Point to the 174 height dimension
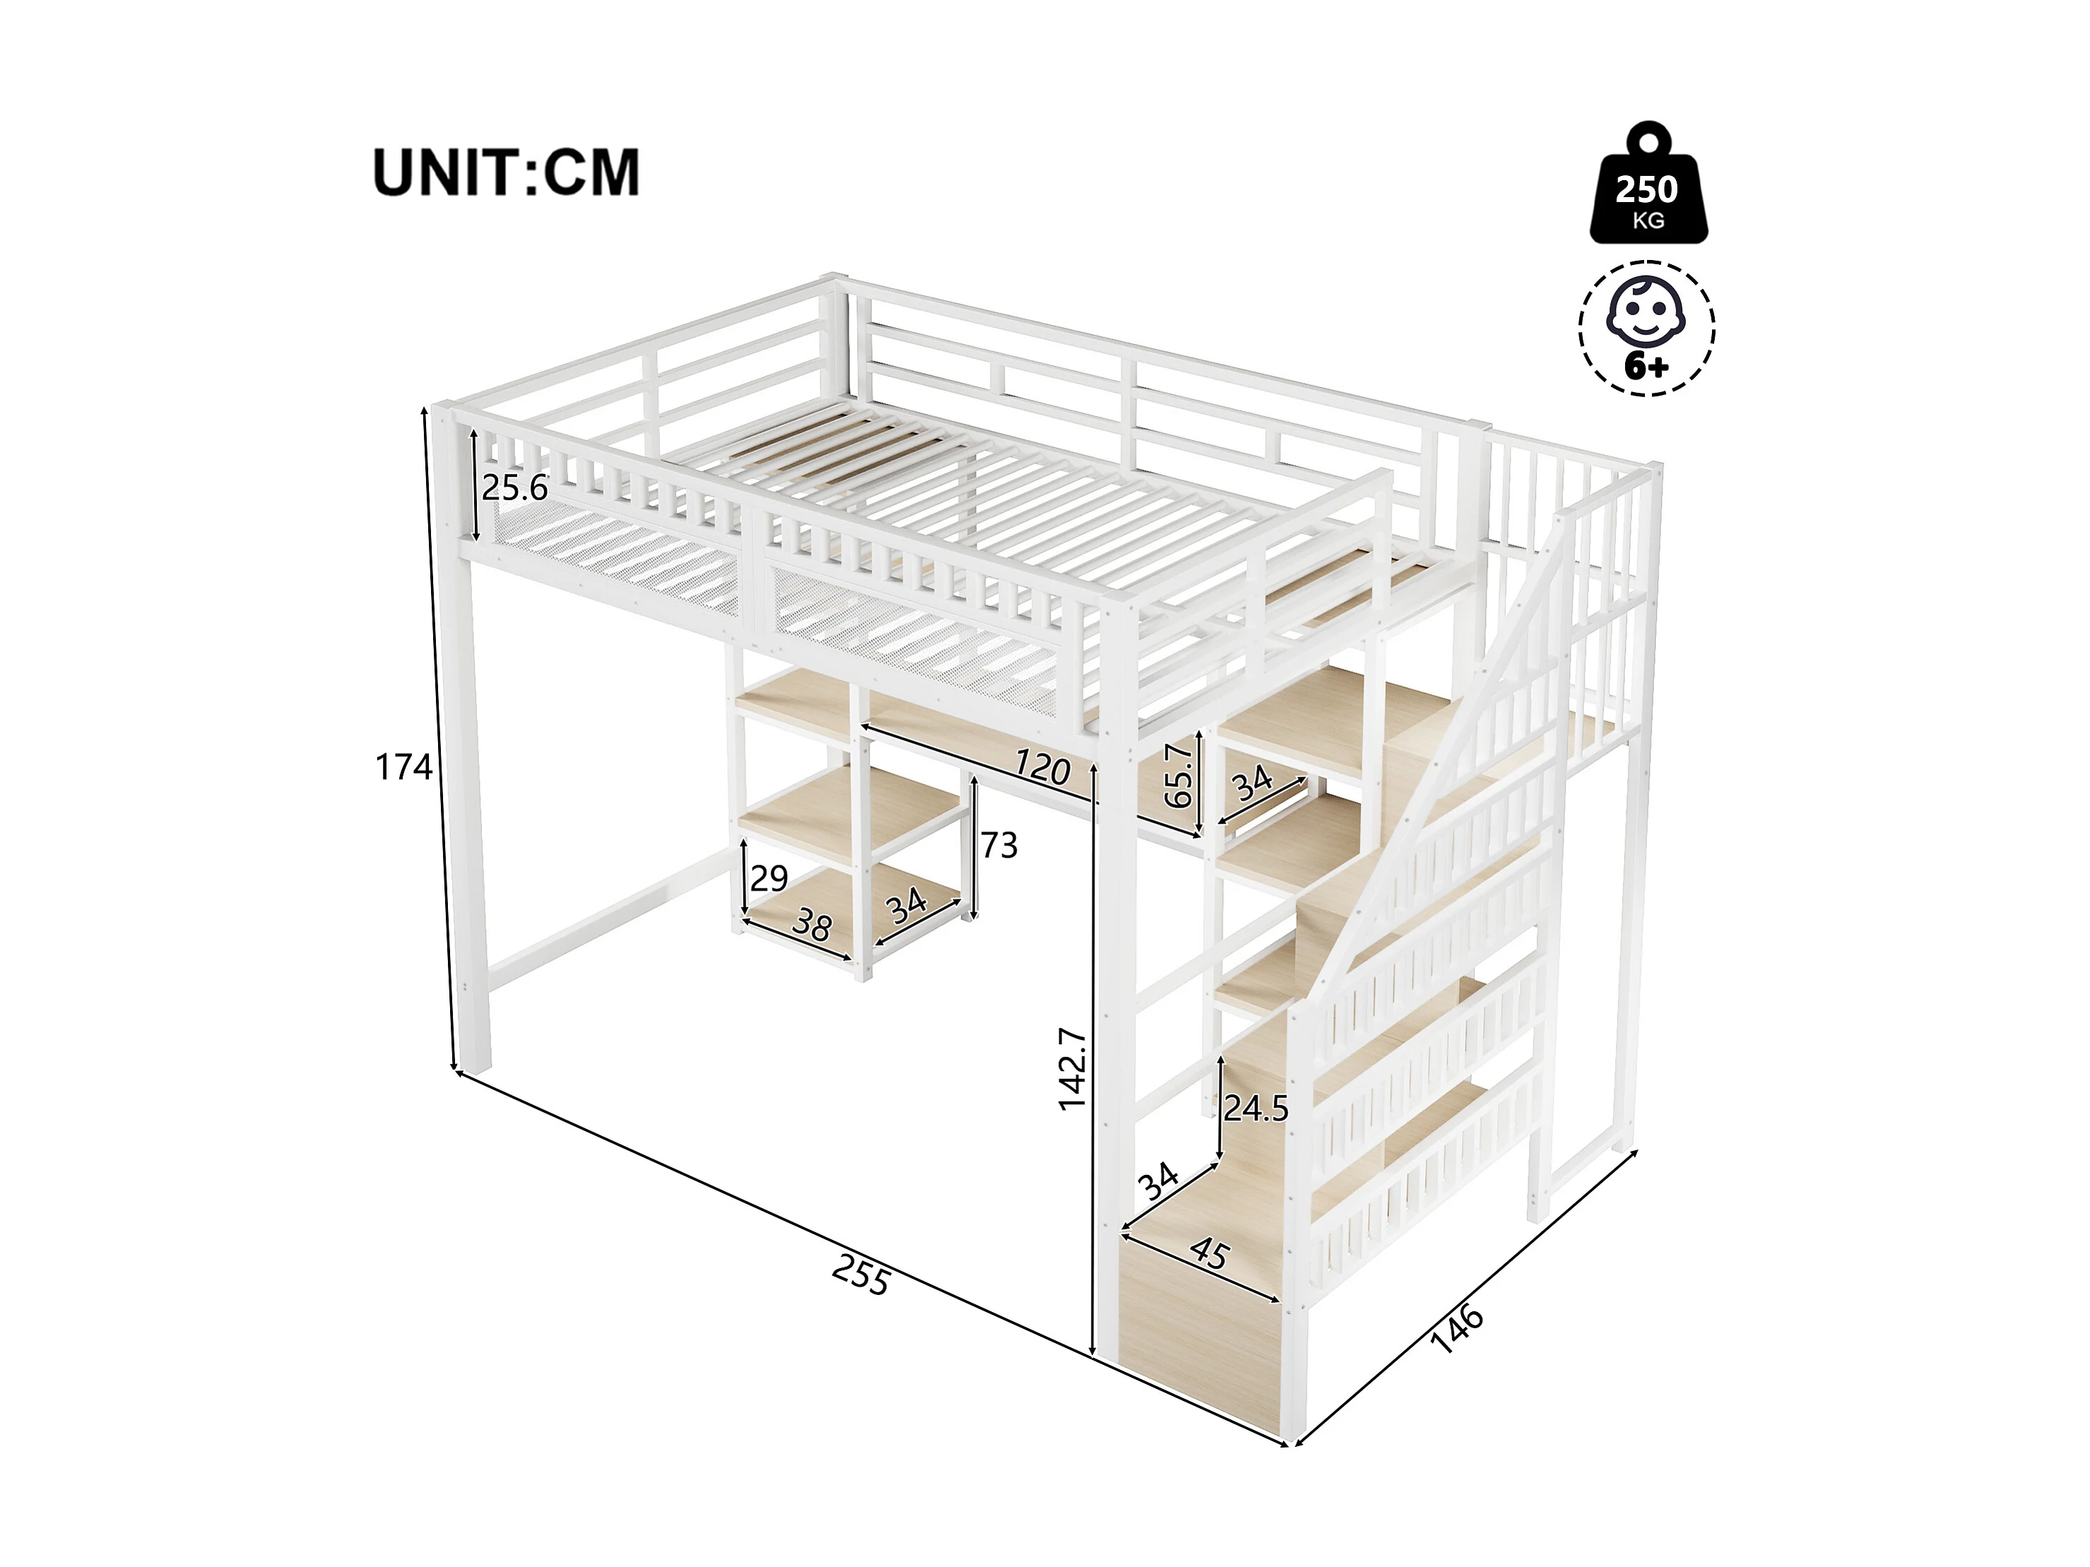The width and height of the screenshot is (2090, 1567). coord(403,767)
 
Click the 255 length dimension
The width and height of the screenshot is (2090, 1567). coord(861,1278)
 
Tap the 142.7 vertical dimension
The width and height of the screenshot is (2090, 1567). coord(1073,1068)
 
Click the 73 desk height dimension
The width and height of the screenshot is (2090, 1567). coord(998,844)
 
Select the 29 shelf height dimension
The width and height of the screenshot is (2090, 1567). coord(769,878)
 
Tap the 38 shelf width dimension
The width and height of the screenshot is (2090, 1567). coord(810,926)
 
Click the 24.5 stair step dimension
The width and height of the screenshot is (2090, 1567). coord(1256,1108)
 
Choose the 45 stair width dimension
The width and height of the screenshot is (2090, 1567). coord(1210,1254)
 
